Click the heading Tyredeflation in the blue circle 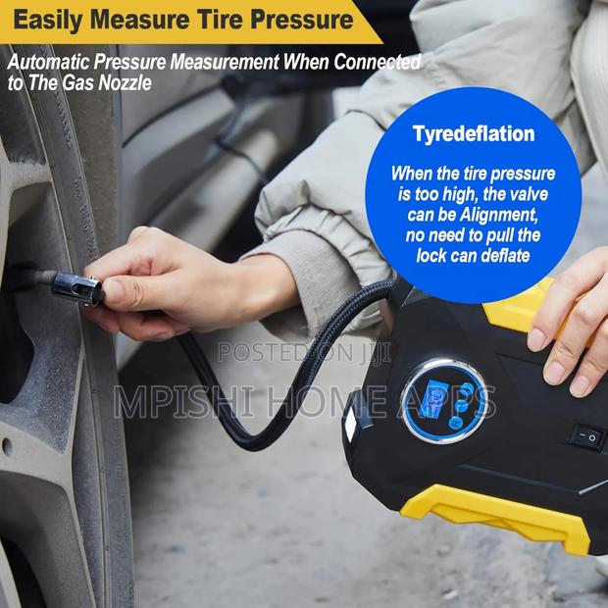(x=473, y=134)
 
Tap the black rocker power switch (x=588, y=433)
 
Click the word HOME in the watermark (x=324, y=402)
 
